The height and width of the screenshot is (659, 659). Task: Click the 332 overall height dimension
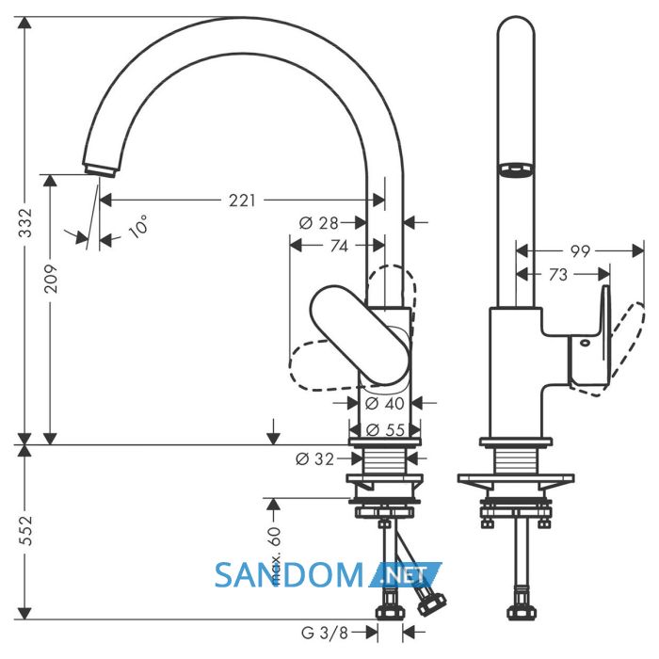click(x=25, y=223)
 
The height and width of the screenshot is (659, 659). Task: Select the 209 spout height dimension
click(x=51, y=279)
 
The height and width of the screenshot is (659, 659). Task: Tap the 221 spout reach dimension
click(x=242, y=201)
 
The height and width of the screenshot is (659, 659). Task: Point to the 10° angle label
click(x=138, y=227)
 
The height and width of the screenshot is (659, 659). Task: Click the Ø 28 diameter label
click(x=319, y=223)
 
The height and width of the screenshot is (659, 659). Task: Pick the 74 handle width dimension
click(x=339, y=246)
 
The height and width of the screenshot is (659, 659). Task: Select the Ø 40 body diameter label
click(x=384, y=404)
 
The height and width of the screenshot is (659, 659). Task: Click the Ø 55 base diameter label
click(x=385, y=430)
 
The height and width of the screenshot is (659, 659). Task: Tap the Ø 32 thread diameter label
click(x=315, y=459)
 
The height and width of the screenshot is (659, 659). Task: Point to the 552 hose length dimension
click(x=25, y=531)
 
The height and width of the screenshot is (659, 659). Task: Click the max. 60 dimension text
click(x=274, y=555)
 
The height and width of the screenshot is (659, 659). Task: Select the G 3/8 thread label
click(x=325, y=633)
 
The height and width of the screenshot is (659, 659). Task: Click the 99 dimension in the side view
click(x=581, y=251)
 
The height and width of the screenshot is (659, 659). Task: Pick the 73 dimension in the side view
click(x=558, y=275)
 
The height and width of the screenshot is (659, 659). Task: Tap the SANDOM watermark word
click(x=289, y=575)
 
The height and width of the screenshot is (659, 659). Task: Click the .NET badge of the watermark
click(x=405, y=574)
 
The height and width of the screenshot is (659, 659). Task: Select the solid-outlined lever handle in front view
click(x=360, y=335)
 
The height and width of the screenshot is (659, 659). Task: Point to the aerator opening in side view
click(x=516, y=169)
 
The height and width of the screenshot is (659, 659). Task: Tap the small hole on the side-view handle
click(x=585, y=343)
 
